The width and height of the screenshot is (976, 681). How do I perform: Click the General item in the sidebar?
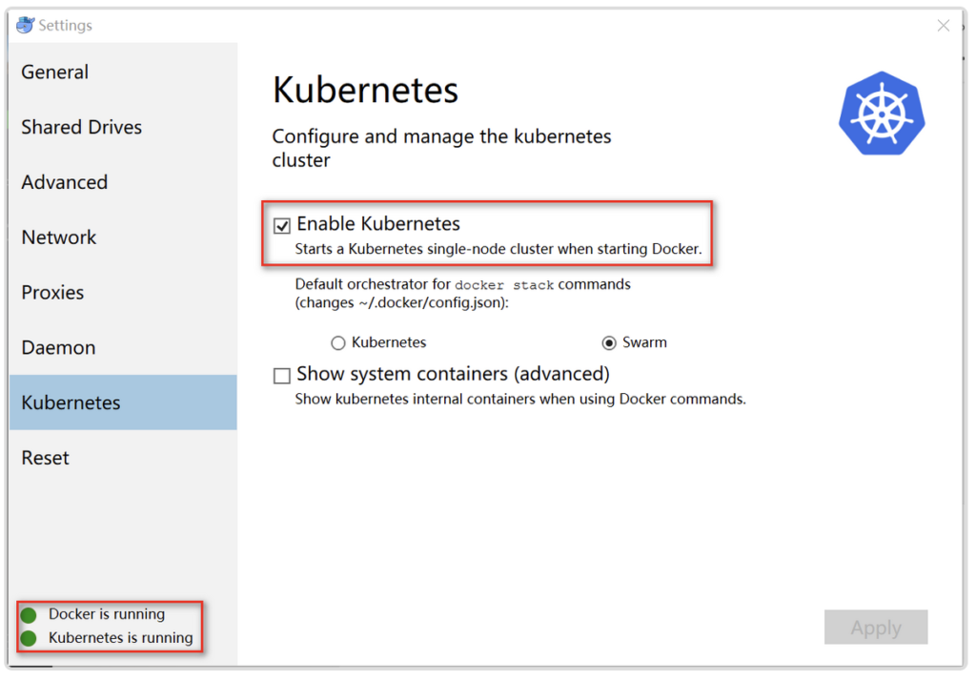54,72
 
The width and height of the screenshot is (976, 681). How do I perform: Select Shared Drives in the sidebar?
82,127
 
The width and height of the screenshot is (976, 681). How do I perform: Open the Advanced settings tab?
65,182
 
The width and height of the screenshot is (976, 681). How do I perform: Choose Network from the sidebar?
59,237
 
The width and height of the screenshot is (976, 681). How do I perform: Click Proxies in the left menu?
53,292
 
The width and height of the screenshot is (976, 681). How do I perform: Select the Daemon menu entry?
58,347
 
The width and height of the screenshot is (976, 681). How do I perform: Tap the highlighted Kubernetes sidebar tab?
123,402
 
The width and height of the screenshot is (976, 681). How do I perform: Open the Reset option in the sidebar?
46,457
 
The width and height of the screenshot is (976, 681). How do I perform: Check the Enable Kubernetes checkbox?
282,225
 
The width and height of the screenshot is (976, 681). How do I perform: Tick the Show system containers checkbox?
282,376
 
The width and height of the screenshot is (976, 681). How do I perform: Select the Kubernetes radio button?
338,342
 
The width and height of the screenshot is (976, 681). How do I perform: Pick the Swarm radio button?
609,342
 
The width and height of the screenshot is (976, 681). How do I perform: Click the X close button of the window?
943,26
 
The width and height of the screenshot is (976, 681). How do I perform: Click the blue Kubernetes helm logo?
882,113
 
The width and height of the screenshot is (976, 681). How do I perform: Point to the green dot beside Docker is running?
29,615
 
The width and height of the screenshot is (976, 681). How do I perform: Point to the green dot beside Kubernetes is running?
29,638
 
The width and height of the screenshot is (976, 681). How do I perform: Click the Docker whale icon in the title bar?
25,25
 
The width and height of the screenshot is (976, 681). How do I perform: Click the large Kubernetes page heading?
365,90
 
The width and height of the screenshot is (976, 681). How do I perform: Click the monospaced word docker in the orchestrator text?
479,285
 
